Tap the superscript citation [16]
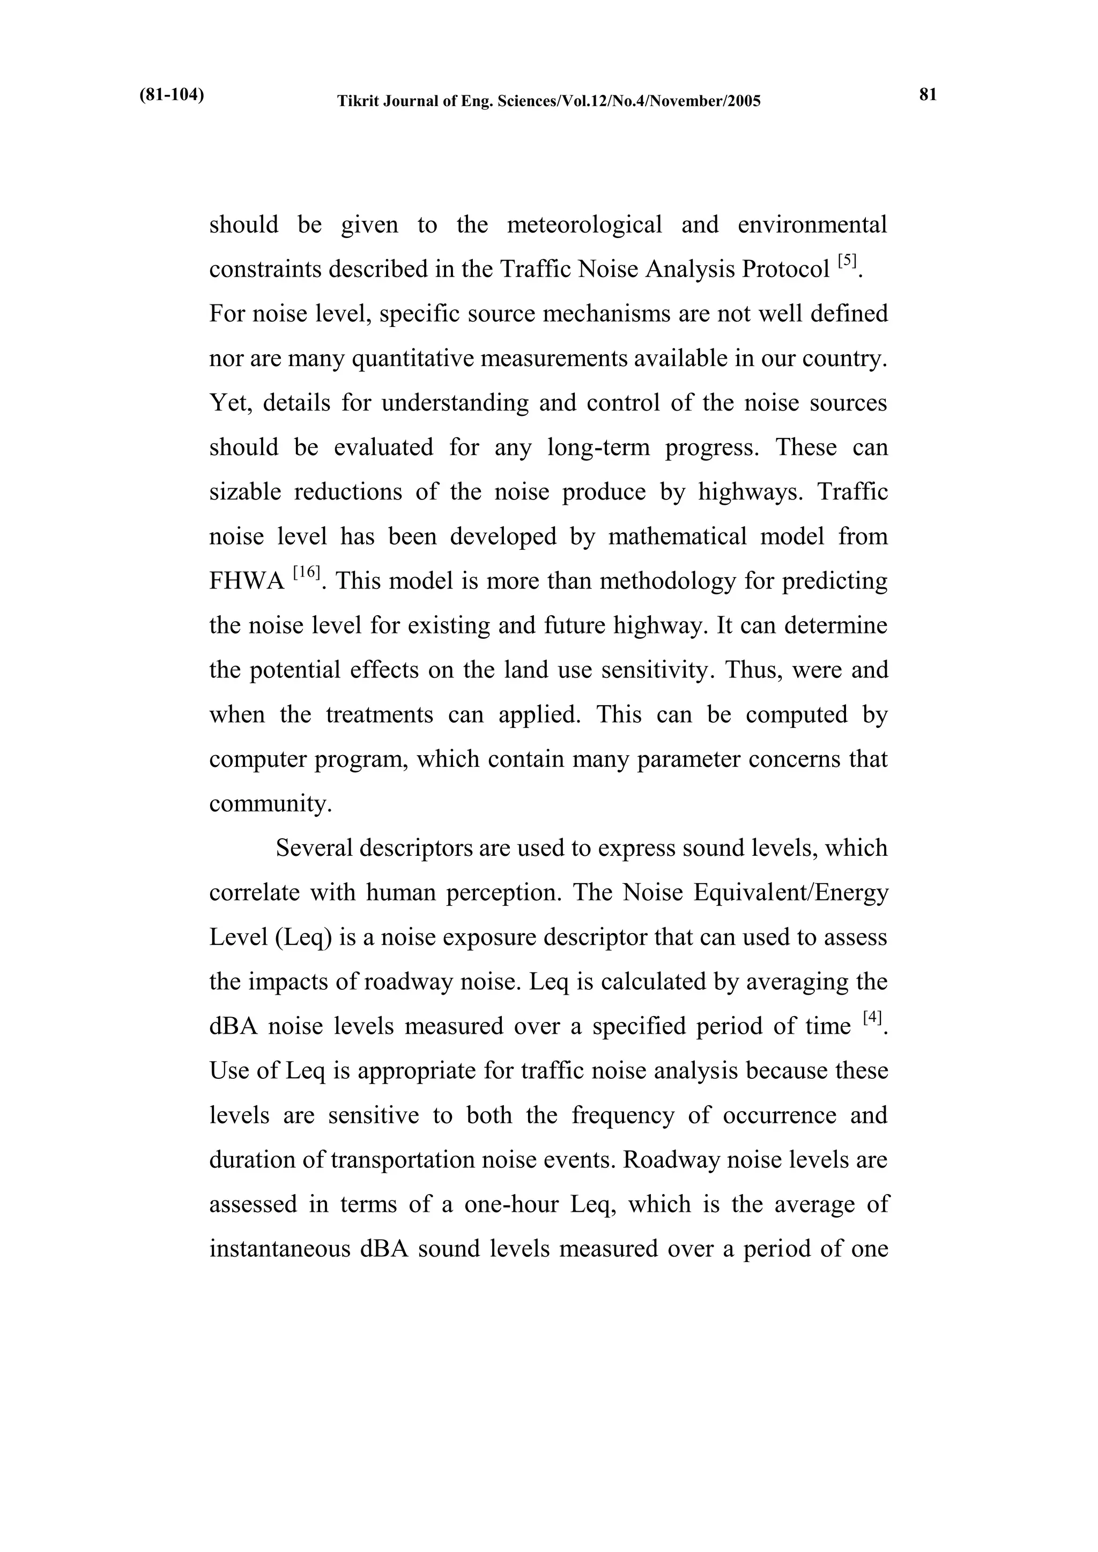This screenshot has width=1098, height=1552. pyautogui.click(x=306, y=572)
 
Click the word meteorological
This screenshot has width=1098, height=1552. pyautogui.click(x=584, y=225)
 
